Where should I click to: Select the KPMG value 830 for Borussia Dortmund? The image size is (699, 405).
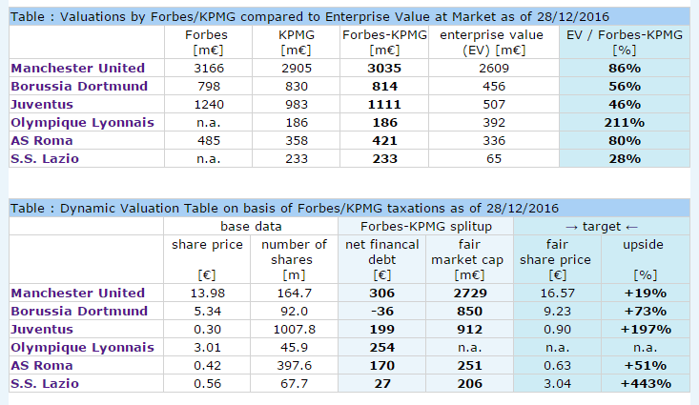tap(290, 87)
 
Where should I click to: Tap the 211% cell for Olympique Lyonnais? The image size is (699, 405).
tap(625, 123)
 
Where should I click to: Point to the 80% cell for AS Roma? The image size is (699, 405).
tap(625, 141)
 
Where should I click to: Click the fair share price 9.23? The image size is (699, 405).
tap(557, 312)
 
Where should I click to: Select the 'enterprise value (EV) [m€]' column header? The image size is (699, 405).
tap(472, 42)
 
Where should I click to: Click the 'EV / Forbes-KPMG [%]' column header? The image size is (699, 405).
tap(625, 42)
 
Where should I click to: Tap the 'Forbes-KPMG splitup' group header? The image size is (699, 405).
tap(423, 226)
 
